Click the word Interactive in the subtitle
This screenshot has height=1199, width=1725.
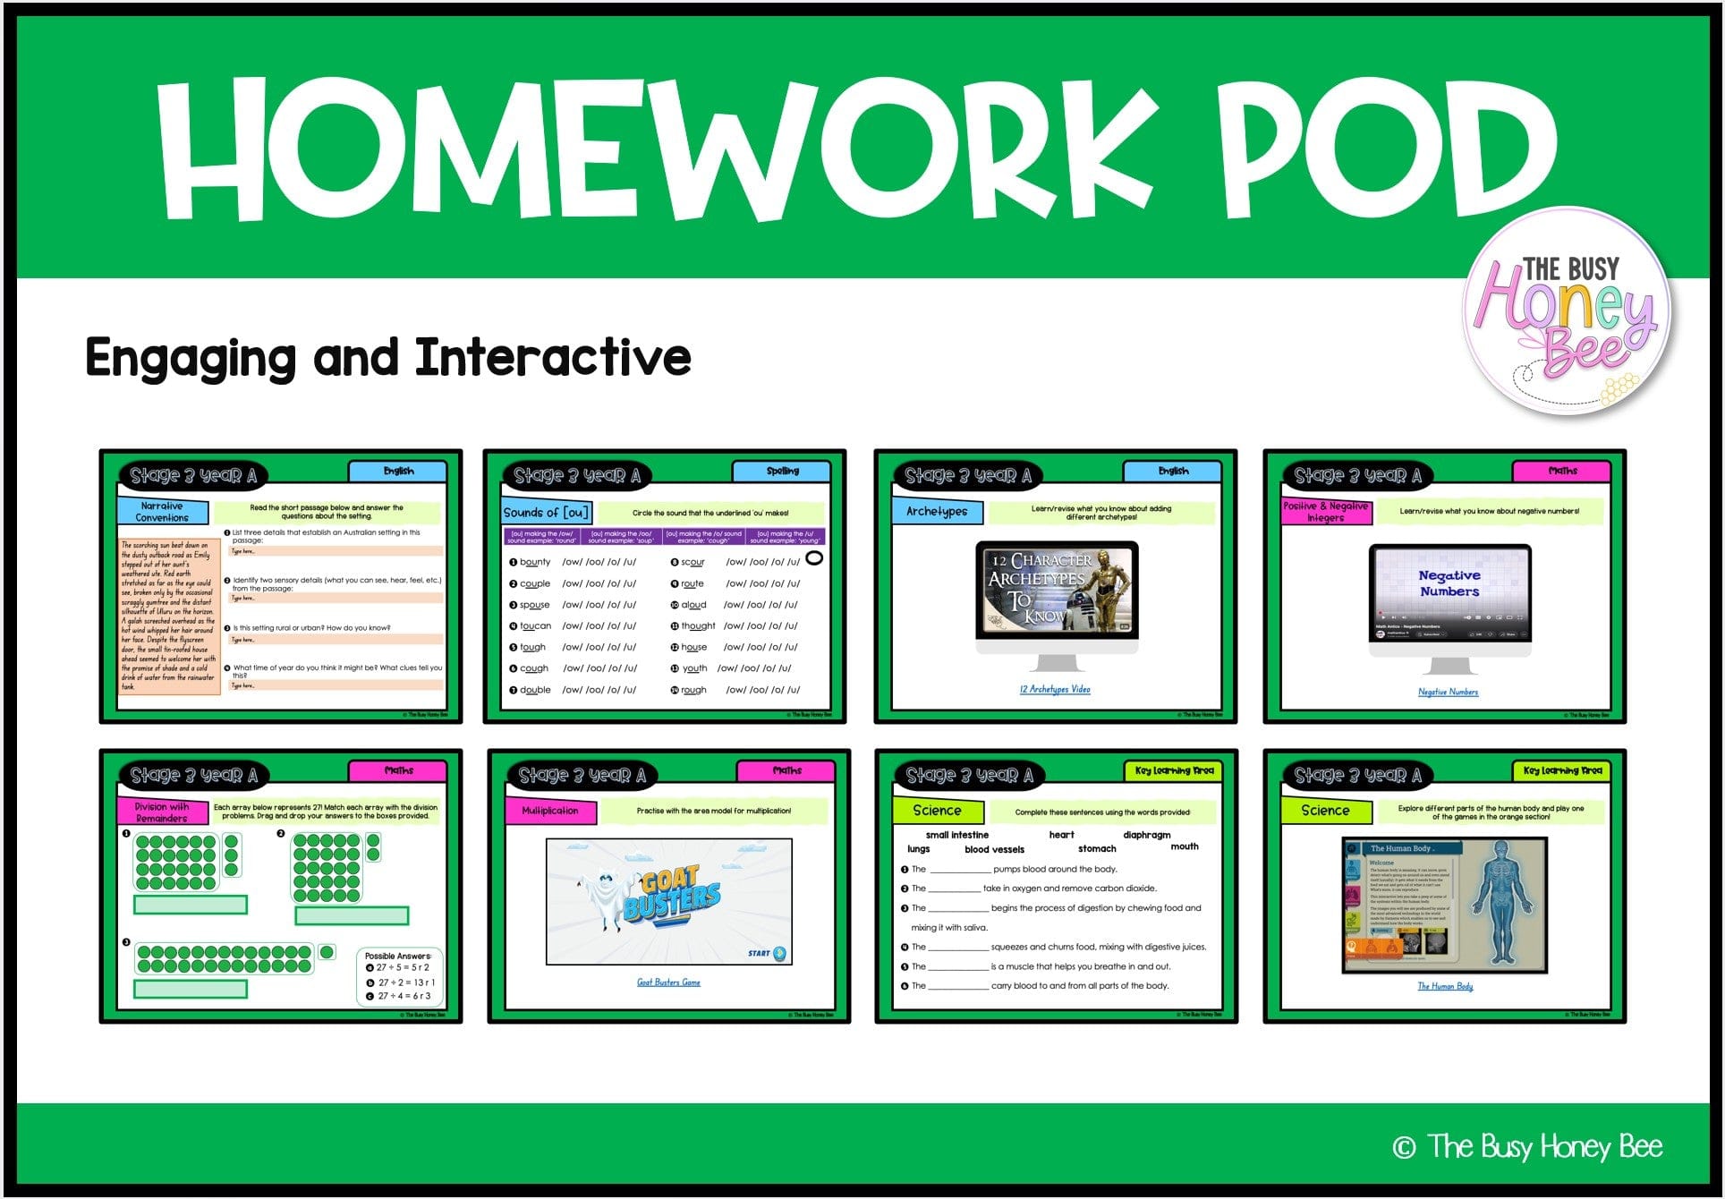(x=553, y=358)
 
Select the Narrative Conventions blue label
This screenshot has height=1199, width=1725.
(x=162, y=512)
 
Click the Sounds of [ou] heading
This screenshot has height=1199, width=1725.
(x=546, y=513)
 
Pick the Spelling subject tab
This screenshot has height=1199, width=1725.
(x=782, y=471)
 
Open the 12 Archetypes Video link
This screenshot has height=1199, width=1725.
(x=1055, y=689)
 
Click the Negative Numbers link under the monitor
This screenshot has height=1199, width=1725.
(x=1448, y=692)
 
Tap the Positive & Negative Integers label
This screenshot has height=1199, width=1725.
(x=1325, y=512)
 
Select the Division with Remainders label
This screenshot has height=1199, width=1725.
(x=162, y=812)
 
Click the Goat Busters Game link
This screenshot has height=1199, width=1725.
(x=668, y=982)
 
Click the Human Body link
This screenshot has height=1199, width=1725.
(x=1445, y=986)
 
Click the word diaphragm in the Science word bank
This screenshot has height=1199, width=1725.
(x=1146, y=835)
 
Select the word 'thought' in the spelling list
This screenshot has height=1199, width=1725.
(x=698, y=626)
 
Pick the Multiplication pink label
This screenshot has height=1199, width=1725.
(x=550, y=811)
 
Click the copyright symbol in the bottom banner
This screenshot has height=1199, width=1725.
(x=1404, y=1147)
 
